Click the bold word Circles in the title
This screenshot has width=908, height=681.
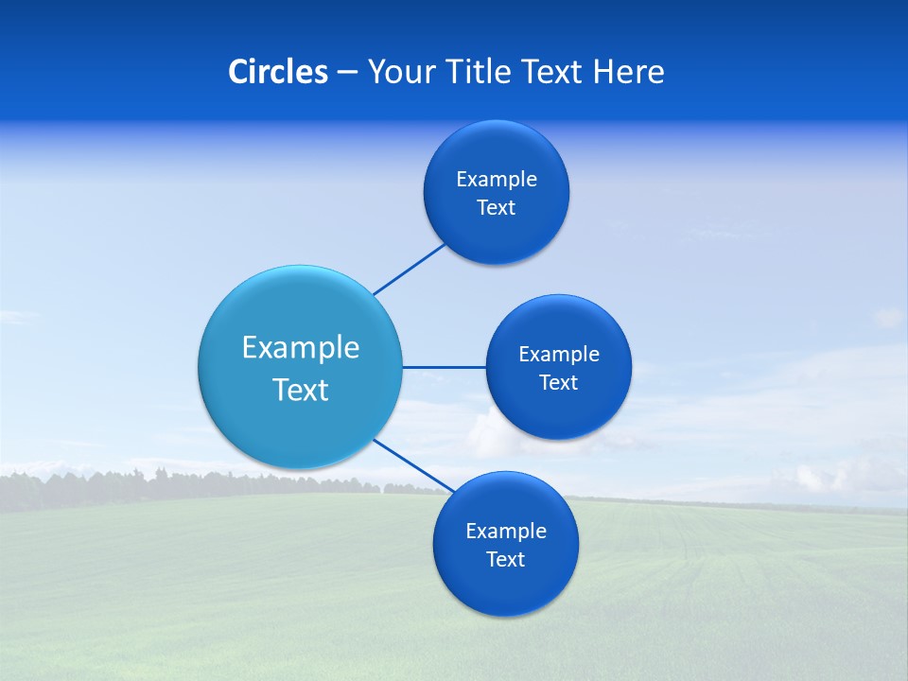coord(277,72)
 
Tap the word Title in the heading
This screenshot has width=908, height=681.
coord(480,72)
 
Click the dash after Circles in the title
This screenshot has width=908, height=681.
coord(347,73)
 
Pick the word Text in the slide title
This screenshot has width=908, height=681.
coord(553,72)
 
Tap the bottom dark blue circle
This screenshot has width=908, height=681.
coord(506,591)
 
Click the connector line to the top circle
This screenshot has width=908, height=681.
coord(410,269)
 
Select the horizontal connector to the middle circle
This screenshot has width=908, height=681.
coord(444,367)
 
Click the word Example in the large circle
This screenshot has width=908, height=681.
coord(301,348)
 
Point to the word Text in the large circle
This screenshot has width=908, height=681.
coord(301,390)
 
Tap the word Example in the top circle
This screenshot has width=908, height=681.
coord(497,180)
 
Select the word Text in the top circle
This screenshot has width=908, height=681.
coord(497,208)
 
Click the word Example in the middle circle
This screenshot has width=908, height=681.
coord(559,355)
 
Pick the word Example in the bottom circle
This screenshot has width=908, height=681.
coord(506,532)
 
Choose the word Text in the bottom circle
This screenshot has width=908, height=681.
coord(506,560)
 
